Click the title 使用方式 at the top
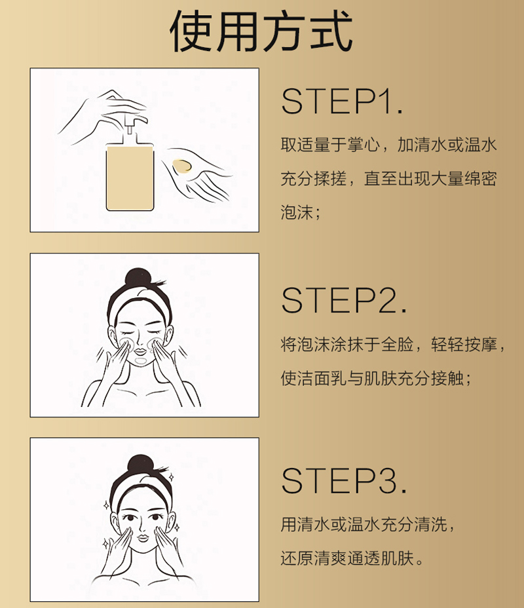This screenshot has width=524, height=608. point(261,31)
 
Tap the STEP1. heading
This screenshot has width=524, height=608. point(342,101)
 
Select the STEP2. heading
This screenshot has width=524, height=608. point(344,300)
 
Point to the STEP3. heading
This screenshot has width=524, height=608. point(344,481)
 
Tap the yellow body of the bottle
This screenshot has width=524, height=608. point(130,178)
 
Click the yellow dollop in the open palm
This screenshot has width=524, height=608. point(182,166)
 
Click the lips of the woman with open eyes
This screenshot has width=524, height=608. point(143,538)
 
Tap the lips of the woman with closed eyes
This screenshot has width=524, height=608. point(141,351)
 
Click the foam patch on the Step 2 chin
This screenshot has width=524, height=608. point(140,361)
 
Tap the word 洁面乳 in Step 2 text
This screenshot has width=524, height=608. point(322,378)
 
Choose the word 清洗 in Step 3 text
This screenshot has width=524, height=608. point(431,524)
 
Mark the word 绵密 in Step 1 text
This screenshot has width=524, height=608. point(480,178)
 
